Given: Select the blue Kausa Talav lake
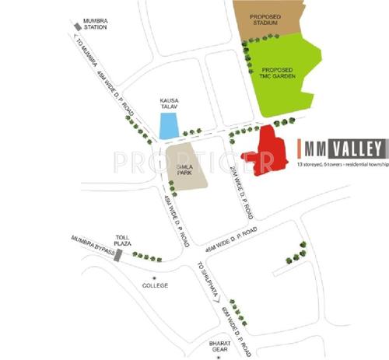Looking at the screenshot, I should (x=168, y=126).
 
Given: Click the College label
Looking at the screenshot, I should (x=156, y=286).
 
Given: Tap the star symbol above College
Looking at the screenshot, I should (x=154, y=277).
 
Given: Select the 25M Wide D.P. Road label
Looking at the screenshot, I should (x=242, y=192).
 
